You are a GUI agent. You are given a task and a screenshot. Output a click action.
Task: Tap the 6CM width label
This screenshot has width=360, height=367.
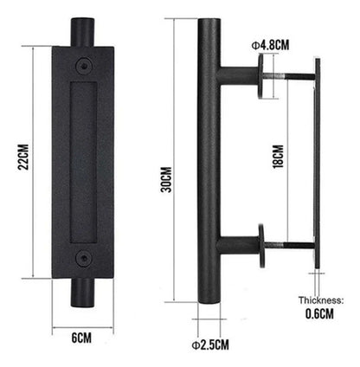(81, 338)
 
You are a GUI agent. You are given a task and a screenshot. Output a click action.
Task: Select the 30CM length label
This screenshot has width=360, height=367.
(166, 179)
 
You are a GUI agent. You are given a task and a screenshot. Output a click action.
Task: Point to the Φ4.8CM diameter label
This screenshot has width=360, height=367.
(270, 45)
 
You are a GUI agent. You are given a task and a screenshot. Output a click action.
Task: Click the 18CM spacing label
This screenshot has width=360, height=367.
(278, 156)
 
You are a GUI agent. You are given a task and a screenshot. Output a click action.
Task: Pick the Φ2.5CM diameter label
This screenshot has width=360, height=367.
(210, 344)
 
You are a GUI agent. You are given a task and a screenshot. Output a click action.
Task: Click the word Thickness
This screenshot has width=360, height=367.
(321, 300)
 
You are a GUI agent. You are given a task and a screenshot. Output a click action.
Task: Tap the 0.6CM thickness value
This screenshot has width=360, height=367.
(319, 314)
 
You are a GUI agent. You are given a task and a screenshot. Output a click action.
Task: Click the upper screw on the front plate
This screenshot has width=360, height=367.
(84, 66)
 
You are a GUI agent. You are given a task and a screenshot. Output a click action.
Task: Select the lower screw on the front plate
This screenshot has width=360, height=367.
(84, 257)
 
